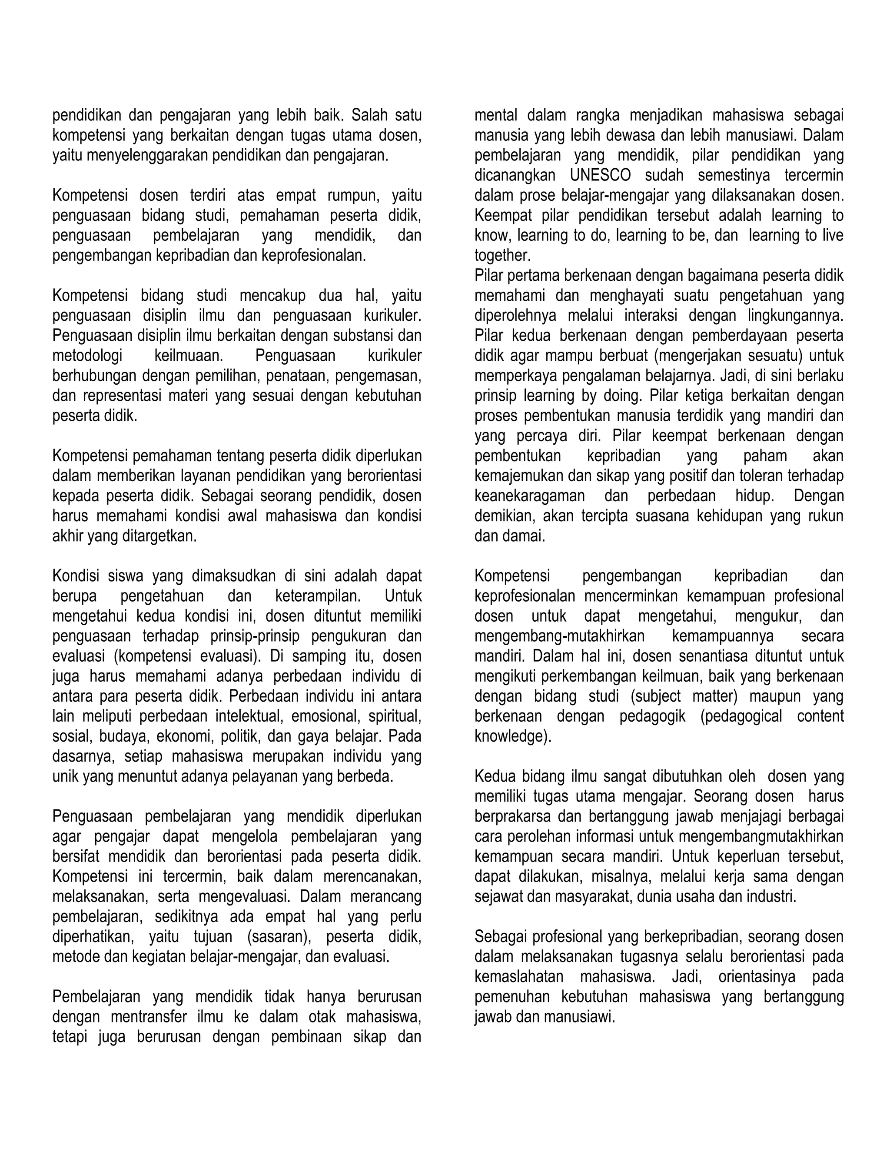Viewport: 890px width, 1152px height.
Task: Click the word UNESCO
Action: (600, 175)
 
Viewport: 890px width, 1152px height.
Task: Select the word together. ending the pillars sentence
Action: (502, 255)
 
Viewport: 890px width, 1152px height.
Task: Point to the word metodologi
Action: (87, 356)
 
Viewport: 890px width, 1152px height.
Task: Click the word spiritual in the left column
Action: (393, 716)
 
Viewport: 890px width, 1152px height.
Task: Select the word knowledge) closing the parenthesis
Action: (512, 736)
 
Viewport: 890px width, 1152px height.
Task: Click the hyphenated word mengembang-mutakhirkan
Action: (559, 636)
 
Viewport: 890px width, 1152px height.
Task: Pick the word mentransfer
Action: (148, 1017)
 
